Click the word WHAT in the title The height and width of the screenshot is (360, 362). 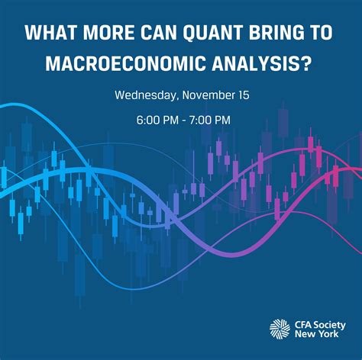click(x=50, y=34)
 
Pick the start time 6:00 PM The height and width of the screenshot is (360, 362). click(x=156, y=120)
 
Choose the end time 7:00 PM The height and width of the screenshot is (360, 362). click(x=208, y=120)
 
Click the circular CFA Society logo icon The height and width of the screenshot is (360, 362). click(x=280, y=329)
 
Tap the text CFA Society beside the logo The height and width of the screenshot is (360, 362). click(x=319, y=323)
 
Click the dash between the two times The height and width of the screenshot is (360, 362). click(x=182, y=120)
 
